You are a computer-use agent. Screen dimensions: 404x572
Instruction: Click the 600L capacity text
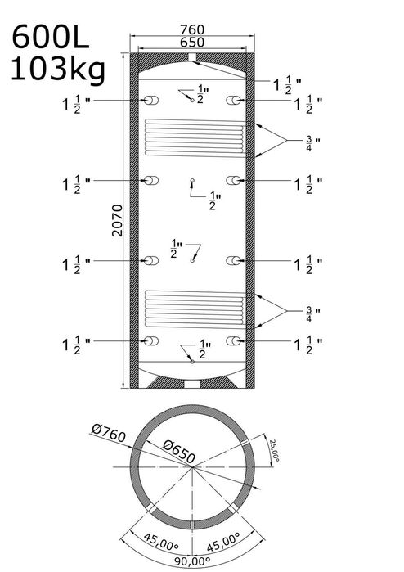(51, 37)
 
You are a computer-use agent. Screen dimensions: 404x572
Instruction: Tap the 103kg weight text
(58, 70)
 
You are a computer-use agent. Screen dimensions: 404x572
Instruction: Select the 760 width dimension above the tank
(192, 29)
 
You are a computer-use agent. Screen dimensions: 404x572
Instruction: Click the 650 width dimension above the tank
(192, 43)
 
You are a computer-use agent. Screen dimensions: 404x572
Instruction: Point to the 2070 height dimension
(118, 221)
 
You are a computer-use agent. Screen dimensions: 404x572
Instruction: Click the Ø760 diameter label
(109, 433)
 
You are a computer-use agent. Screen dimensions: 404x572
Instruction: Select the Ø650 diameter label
(179, 451)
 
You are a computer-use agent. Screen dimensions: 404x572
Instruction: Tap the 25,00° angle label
(274, 450)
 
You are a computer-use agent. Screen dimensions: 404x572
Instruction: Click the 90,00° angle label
(192, 561)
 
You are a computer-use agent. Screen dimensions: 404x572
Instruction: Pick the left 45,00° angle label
(161, 543)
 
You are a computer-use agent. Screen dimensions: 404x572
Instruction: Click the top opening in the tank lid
(192, 57)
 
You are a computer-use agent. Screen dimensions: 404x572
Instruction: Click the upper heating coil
(195, 138)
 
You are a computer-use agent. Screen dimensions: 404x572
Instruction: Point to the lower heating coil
(195, 309)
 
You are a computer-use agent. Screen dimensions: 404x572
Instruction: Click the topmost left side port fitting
(151, 101)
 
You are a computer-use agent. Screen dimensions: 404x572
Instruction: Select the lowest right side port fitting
(234, 341)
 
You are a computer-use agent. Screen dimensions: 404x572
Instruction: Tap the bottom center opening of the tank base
(192, 384)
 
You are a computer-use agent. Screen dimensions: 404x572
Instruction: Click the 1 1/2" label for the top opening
(287, 85)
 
